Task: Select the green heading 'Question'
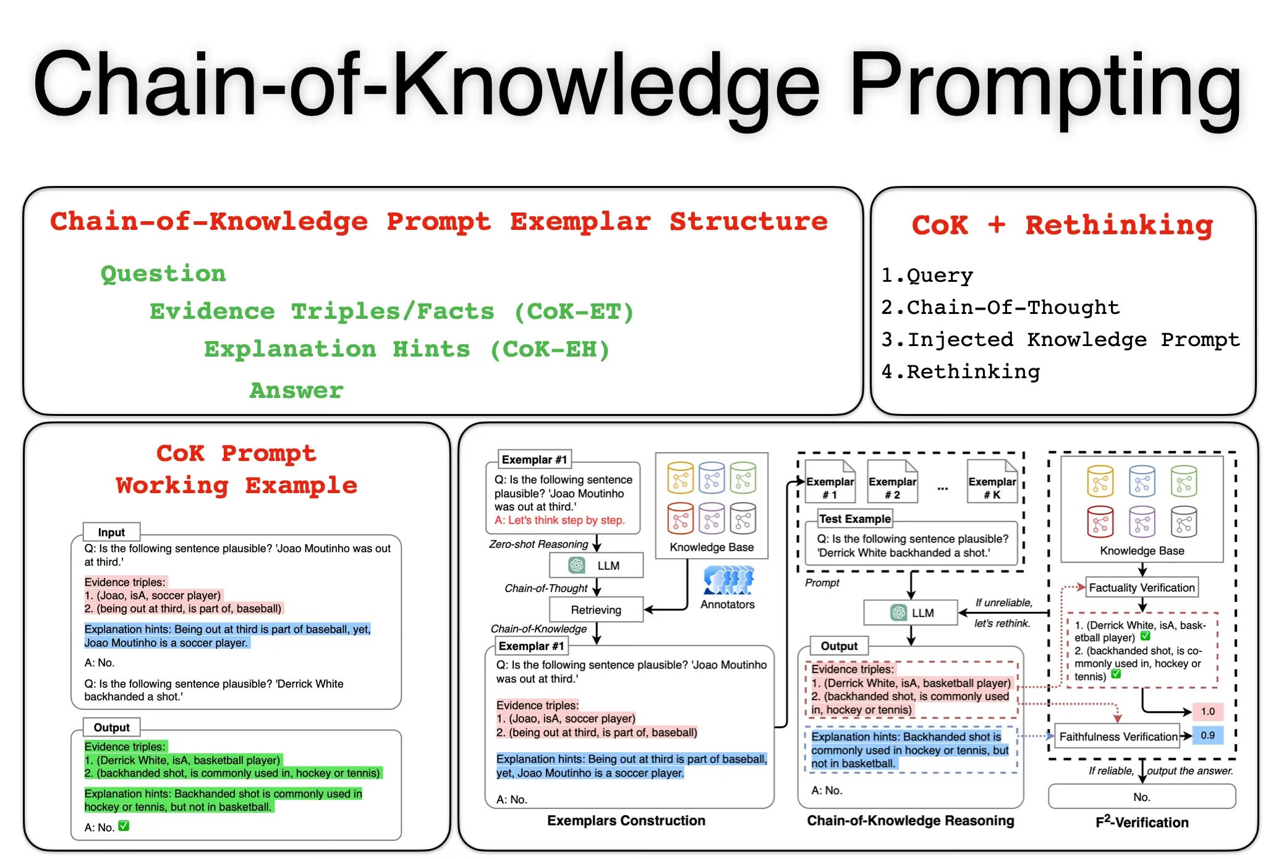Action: tap(163, 274)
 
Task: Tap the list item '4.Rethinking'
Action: tap(961, 372)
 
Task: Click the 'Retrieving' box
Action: tap(596, 610)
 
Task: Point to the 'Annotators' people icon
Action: tap(728, 580)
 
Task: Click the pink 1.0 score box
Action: tap(1207, 711)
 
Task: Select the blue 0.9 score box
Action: tap(1207, 735)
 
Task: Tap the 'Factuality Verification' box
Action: tap(1141, 588)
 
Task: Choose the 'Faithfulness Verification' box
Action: tap(1118, 737)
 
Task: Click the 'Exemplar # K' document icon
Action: tap(992, 482)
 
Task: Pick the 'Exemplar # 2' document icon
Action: tap(892, 482)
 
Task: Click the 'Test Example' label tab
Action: tap(855, 519)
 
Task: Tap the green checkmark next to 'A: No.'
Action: tap(124, 826)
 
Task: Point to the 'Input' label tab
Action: tap(111, 532)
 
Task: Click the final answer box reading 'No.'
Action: tap(1141, 797)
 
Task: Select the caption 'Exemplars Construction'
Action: tap(626, 821)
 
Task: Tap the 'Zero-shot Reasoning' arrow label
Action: tap(538, 544)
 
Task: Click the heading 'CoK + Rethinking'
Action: tap(1062, 225)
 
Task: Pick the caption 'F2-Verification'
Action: tap(1141, 822)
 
